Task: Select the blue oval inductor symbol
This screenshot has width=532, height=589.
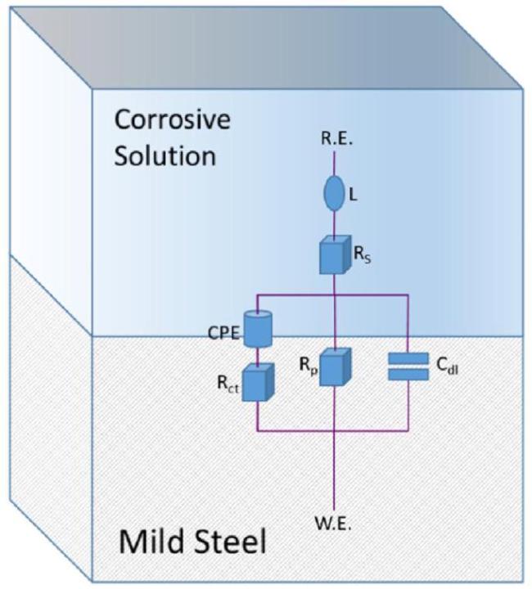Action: tap(336, 196)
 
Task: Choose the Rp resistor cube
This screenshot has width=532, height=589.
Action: tap(336, 367)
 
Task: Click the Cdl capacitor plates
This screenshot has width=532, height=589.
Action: tap(408, 366)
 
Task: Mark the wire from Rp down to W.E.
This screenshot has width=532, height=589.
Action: tap(335, 458)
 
